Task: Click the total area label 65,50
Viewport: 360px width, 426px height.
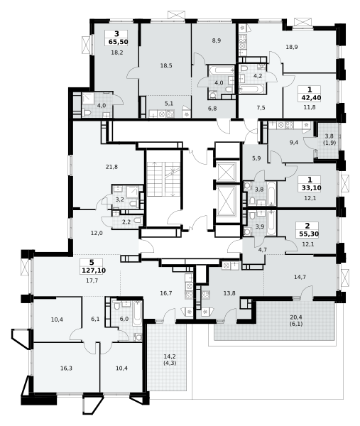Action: (x=118, y=42)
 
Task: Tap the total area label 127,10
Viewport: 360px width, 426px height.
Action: (x=94, y=271)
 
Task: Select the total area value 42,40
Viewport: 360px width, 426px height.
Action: (x=311, y=97)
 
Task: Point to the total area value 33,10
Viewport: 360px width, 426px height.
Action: (x=312, y=187)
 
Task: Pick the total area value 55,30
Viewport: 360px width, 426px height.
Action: (x=309, y=234)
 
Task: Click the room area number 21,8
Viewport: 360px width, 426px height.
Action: (x=111, y=167)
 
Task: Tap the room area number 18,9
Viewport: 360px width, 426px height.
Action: (x=292, y=47)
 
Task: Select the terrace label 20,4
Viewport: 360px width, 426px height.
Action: (x=296, y=317)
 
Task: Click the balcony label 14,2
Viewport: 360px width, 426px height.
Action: (x=170, y=356)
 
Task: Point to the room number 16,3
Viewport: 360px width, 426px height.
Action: (x=66, y=368)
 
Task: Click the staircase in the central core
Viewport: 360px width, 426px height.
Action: (x=163, y=179)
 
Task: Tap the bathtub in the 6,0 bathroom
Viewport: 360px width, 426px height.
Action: (x=138, y=314)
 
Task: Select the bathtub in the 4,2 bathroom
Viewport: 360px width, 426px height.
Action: (x=251, y=89)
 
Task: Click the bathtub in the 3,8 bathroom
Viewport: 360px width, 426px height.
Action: (x=271, y=194)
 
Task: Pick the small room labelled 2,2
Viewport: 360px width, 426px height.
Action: (x=127, y=222)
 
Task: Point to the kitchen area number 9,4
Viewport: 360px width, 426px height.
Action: (x=294, y=142)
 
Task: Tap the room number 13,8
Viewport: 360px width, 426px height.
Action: (x=229, y=293)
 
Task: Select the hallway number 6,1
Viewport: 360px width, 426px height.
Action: (x=95, y=319)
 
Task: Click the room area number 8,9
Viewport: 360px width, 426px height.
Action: (x=217, y=40)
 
